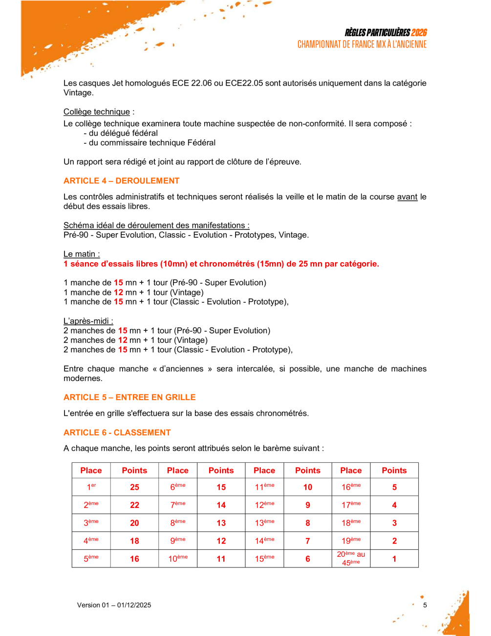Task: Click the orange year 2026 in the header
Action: [x=419, y=33]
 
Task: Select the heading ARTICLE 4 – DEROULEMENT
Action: [x=121, y=181]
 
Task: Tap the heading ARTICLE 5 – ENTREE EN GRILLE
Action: [x=129, y=397]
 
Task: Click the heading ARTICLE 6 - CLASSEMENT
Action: [x=117, y=432]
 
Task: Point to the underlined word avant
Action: [x=407, y=197]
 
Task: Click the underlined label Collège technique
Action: [x=97, y=112]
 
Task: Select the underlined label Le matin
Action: [x=81, y=254]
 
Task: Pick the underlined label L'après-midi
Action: [x=88, y=321]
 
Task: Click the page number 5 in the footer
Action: [x=425, y=605]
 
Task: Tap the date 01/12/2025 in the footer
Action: [x=134, y=605]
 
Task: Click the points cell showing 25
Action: [x=134, y=487]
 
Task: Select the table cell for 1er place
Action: [x=91, y=487]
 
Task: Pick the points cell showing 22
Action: [x=134, y=505]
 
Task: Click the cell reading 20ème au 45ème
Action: [x=351, y=558]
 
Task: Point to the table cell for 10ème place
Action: [x=178, y=559]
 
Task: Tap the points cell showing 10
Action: [x=308, y=487]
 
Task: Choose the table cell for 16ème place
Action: [x=351, y=487]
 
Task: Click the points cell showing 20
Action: [x=134, y=523]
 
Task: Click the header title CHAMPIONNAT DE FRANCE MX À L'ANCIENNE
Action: [x=362, y=45]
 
